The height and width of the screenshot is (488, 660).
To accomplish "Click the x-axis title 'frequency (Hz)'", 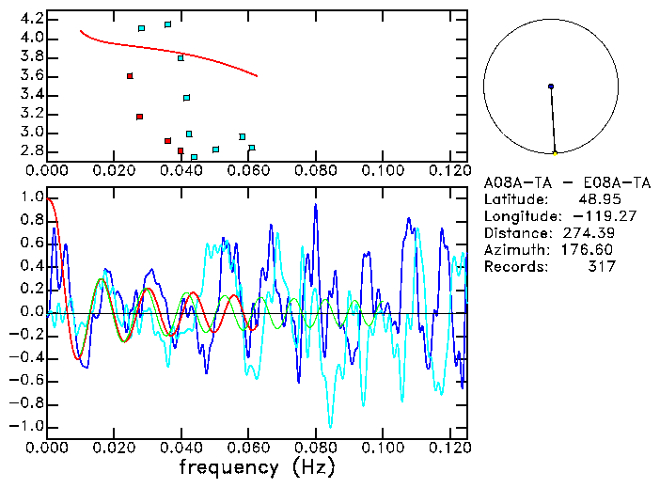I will click(257, 467).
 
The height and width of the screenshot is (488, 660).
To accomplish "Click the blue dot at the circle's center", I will click(551, 87).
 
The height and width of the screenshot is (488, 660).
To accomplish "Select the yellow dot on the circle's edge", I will click(555, 153).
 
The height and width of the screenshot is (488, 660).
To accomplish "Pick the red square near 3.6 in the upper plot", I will click(130, 76).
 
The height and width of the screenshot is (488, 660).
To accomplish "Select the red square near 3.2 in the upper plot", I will click(139, 117).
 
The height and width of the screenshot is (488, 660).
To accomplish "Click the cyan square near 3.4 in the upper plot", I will click(187, 98).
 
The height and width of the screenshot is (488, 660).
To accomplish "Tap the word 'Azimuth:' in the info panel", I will click(513, 250).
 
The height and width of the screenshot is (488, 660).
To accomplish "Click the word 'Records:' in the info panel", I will click(513, 267).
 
